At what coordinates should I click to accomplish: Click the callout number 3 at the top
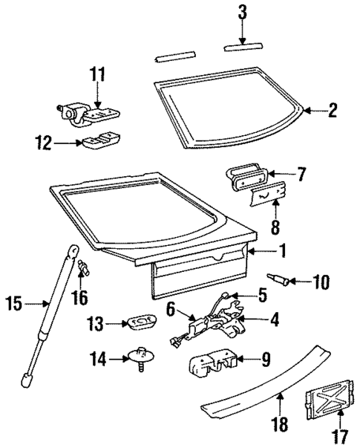click(242, 13)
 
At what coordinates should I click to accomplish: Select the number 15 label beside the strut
click(13, 303)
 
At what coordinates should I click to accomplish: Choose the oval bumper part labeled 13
click(140, 322)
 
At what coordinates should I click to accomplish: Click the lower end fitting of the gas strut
click(27, 380)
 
